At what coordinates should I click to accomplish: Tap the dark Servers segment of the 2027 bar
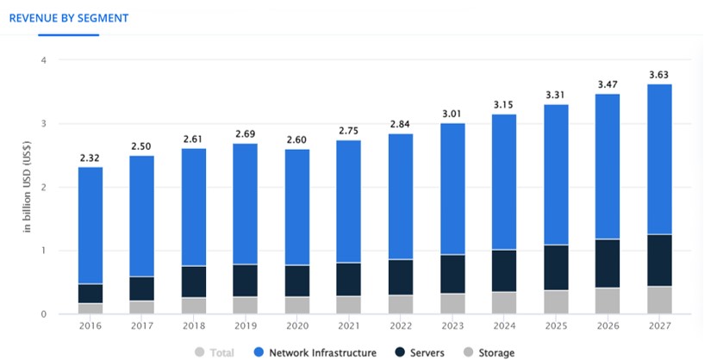(659, 260)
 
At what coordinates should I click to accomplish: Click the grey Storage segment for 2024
(504, 303)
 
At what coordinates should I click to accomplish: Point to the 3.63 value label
(659, 75)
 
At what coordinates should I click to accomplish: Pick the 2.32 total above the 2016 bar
(90, 158)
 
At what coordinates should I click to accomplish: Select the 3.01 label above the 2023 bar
(452, 115)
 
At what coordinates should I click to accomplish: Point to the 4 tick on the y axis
(42, 60)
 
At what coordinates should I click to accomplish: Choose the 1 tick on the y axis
(42, 251)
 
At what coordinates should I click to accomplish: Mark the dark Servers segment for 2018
(194, 282)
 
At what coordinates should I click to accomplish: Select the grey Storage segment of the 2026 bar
(608, 301)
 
